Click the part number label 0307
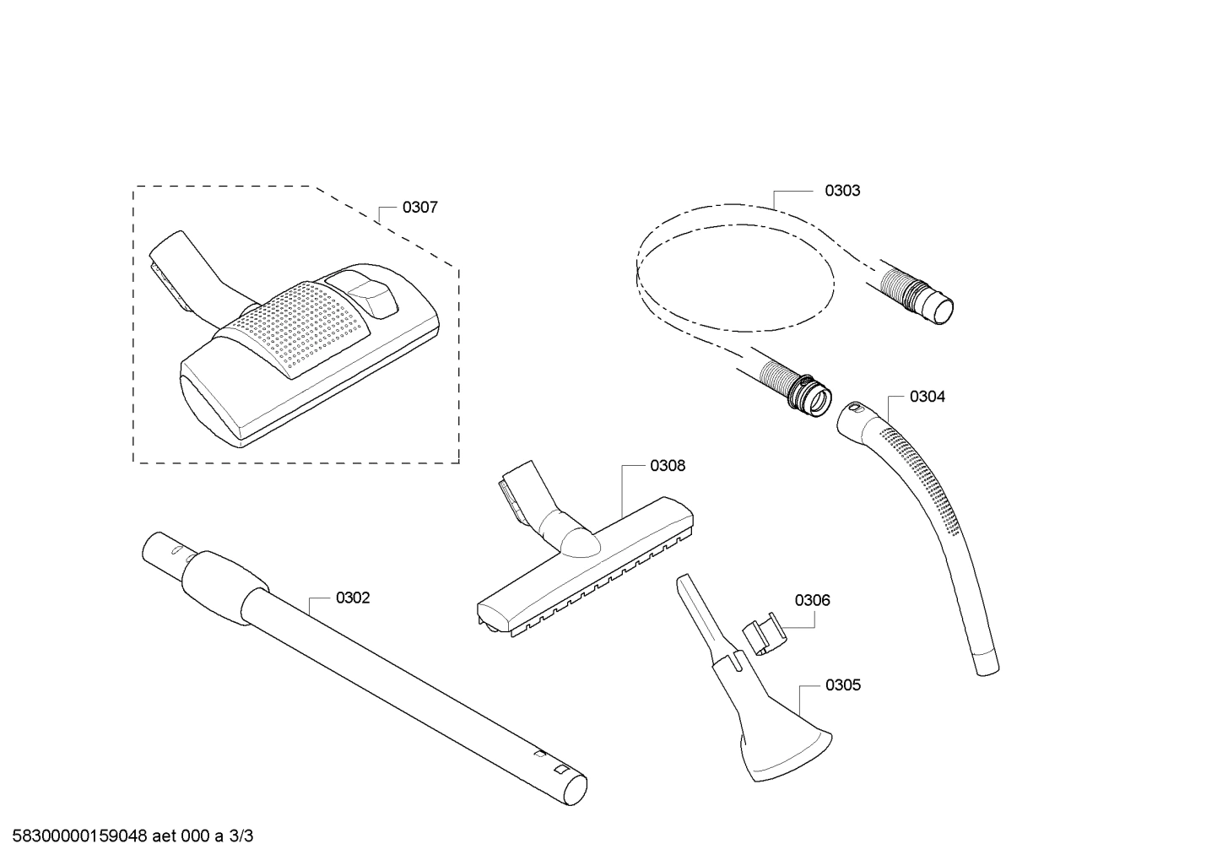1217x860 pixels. (419, 207)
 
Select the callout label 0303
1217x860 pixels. (842, 191)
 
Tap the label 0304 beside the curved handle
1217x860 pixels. (927, 397)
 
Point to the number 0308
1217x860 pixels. (668, 466)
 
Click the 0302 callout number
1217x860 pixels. (353, 598)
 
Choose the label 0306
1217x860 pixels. (812, 600)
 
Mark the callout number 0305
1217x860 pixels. (842, 684)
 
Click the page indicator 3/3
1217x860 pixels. (241, 836)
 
